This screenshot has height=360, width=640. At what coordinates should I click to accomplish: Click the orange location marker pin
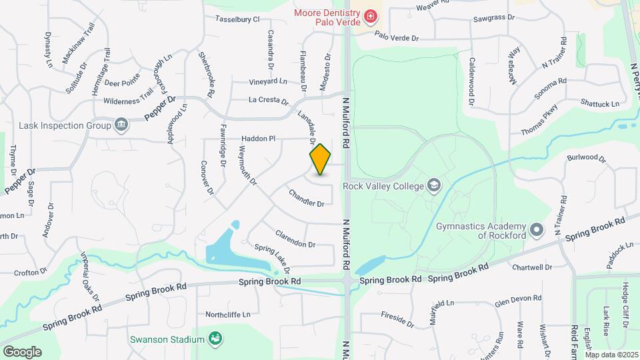(321, 159)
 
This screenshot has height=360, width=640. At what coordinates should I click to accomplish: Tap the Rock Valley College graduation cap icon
(434, 184)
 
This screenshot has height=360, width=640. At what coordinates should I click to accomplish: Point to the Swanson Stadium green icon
(215, 339)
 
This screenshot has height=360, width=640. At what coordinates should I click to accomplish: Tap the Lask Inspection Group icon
(121, 125)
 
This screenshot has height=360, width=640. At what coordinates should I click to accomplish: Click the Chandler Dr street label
(306, 198)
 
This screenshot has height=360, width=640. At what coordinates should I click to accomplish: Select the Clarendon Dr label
(295, 239)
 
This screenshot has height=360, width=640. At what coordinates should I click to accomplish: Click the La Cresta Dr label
(268, 101)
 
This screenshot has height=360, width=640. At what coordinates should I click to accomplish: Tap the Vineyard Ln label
(268, 81)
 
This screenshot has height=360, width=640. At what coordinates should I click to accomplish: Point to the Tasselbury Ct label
(237, 20)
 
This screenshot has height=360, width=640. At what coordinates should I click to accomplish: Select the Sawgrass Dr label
(493, 18)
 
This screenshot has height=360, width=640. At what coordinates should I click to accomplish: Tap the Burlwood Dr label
(586, 159)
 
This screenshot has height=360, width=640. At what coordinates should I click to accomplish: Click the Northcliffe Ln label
(228, 314)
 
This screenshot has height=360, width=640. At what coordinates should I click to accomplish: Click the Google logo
(22, 351)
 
